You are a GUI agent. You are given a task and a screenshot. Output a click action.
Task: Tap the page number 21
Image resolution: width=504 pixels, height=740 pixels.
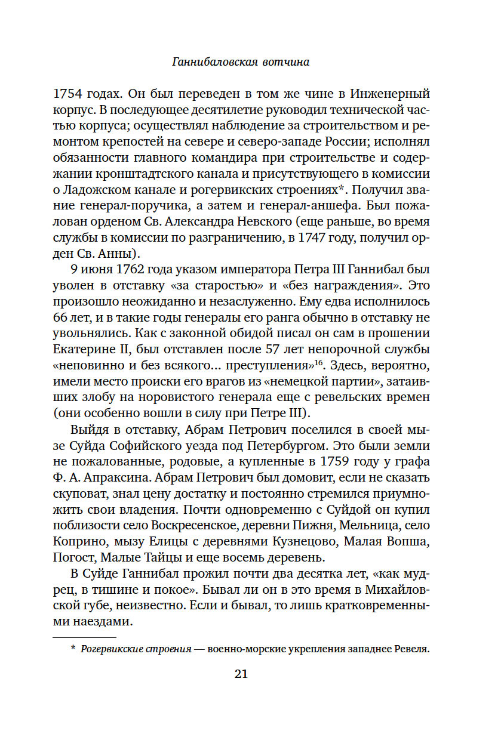pos(241,674)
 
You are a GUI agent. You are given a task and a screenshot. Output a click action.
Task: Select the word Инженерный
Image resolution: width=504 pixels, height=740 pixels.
pos(392,94)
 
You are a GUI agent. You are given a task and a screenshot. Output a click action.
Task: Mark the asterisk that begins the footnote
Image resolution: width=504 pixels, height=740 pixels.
pos(73,648)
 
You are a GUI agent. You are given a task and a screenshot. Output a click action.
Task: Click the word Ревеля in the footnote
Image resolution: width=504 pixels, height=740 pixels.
pos(413,649)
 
